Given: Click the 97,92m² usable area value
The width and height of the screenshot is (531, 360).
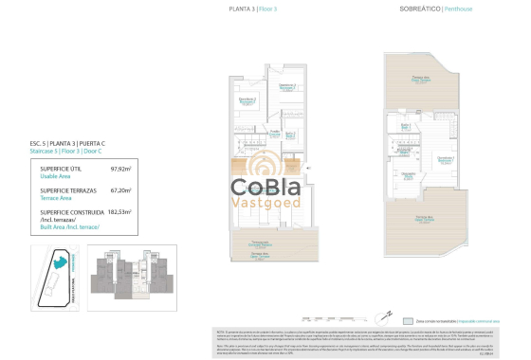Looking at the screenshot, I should point(120,170).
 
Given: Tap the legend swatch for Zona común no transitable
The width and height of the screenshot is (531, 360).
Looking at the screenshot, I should point(408,320).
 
